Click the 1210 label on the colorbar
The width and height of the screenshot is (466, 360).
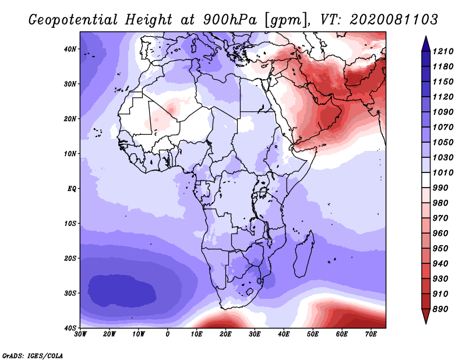443,51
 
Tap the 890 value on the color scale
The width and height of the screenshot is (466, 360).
440,309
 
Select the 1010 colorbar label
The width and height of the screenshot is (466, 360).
443,172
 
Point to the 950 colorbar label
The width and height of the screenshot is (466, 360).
440,249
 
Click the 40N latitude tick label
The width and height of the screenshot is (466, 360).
70,49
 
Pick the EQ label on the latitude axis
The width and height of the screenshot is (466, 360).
72,189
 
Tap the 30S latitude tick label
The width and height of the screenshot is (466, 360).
70,294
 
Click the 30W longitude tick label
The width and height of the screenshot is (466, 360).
80,334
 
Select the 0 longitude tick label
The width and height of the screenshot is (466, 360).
168,334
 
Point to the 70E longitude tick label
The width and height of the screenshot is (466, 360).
371,334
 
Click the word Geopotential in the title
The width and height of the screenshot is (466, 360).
73,20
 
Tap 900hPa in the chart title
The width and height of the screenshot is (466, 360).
230,20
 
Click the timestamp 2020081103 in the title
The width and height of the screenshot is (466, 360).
394,20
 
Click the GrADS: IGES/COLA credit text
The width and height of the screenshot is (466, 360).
33,356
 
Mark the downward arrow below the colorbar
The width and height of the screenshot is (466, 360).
426,316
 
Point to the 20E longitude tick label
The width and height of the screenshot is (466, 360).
225,334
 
